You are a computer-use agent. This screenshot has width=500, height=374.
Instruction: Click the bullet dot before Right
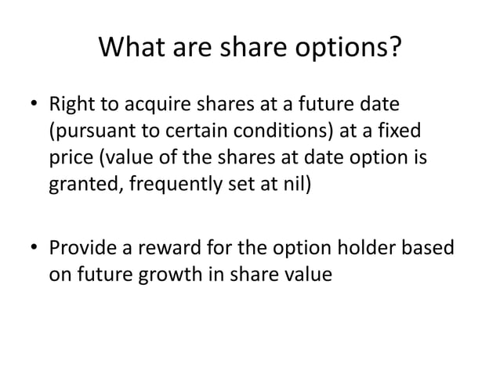(x=33, y=104)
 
